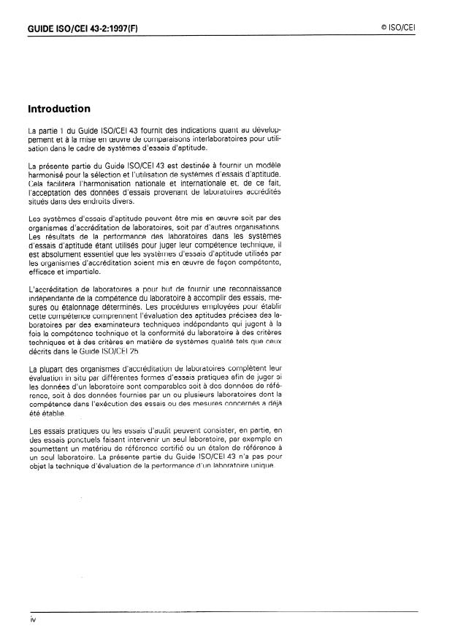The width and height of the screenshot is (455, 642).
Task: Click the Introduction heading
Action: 59,110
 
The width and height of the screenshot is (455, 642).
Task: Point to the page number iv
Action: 33,619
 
